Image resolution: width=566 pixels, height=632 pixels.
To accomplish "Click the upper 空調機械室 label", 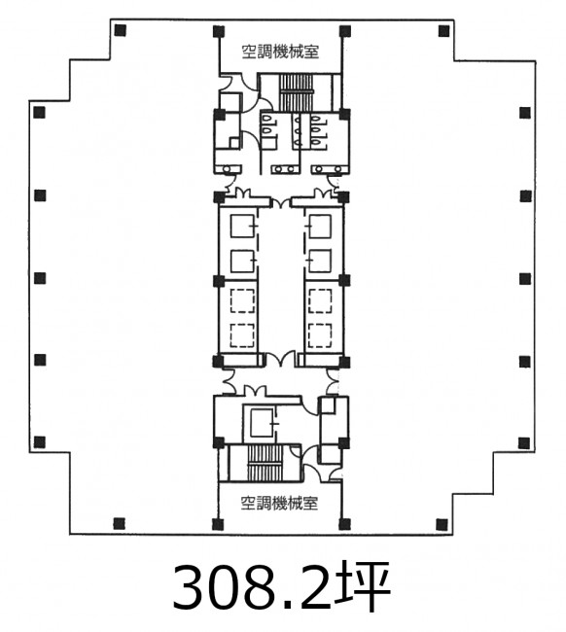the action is [280, 52].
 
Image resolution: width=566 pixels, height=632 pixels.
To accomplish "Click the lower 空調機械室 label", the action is [279, 504].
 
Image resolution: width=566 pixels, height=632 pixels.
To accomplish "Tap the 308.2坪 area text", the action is [282, 585].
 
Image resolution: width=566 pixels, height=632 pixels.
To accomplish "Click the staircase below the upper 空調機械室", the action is [297, 92].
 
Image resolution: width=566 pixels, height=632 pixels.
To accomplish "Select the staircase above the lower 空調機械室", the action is [265, 463].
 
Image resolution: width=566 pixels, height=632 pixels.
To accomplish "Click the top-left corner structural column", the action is [121, 30].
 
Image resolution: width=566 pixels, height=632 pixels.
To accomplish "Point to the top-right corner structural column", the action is [443, 31].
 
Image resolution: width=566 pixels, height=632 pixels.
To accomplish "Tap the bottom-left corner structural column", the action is [119, 523].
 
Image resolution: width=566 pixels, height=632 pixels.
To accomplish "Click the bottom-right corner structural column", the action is [442, 524].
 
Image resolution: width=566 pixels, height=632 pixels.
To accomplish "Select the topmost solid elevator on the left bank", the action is [242, 227].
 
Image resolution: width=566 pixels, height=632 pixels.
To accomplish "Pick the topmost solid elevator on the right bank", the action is [320, 227].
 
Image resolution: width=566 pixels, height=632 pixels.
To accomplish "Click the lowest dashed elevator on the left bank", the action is [242, 335].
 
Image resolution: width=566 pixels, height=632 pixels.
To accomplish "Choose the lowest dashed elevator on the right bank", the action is [320, 335].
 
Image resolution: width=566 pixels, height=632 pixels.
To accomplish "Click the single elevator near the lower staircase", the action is [262, 423].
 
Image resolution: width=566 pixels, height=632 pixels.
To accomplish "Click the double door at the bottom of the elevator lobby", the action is [280, 359].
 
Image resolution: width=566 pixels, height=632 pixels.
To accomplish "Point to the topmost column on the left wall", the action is [40, 112].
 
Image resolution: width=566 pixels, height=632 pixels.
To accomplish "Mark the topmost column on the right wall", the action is [525, 113].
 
